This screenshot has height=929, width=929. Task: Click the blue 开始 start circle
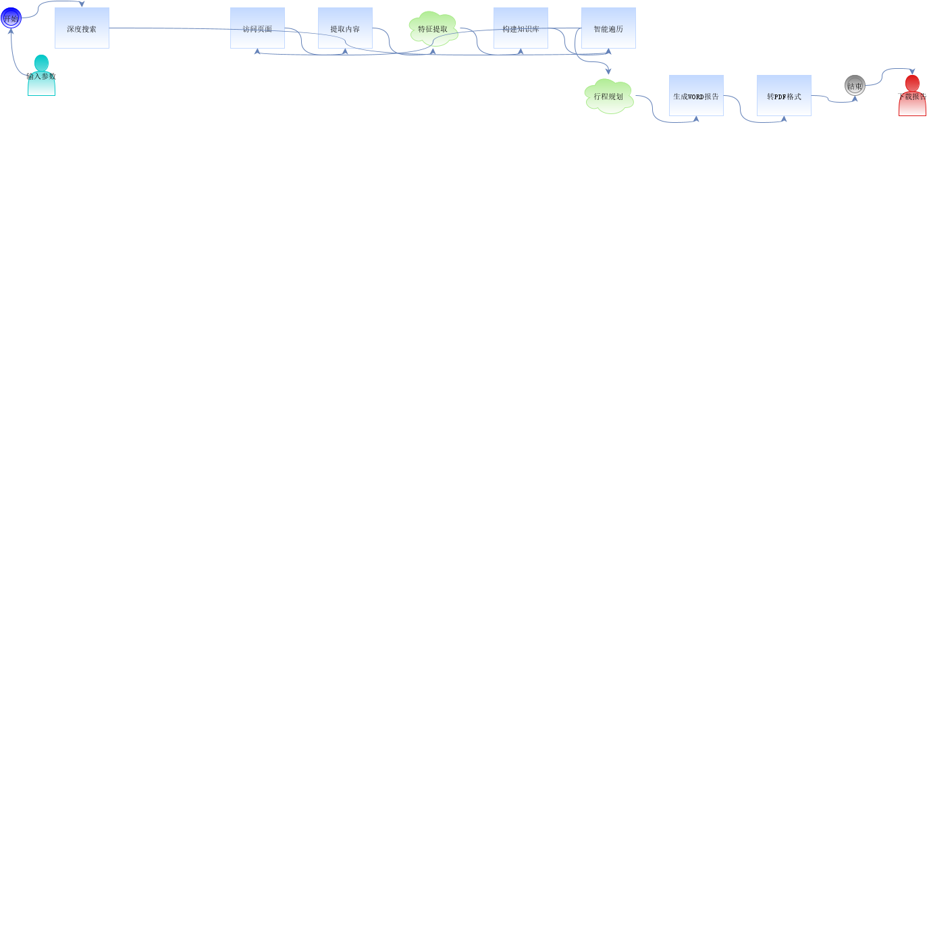(11, 18)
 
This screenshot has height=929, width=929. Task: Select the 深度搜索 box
(82, 28)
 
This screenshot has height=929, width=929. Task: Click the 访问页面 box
(257, 28)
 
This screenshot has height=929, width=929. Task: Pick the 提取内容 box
(345, 28)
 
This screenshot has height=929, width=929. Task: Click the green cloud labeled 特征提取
(433, 28)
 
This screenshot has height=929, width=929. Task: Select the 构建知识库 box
(521, 28)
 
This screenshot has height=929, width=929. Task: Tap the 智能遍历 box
(608, 28)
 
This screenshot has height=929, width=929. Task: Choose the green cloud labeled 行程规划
(608, 96)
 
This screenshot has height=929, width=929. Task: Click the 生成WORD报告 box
(696, 96)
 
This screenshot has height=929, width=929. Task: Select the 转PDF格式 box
(784, 96)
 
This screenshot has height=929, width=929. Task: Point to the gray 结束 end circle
(855, 85)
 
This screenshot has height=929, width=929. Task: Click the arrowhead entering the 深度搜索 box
(82, 5)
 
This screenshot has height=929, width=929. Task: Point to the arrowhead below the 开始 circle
(11, 32)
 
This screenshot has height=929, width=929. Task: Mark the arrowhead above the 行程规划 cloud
(608, 71)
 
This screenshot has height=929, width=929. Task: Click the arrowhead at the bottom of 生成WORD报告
(696, 119)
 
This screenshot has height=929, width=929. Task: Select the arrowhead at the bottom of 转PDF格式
(784, 119)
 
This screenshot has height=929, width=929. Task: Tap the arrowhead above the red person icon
(912, 72)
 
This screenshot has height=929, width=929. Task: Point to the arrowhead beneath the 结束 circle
(855, 99)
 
